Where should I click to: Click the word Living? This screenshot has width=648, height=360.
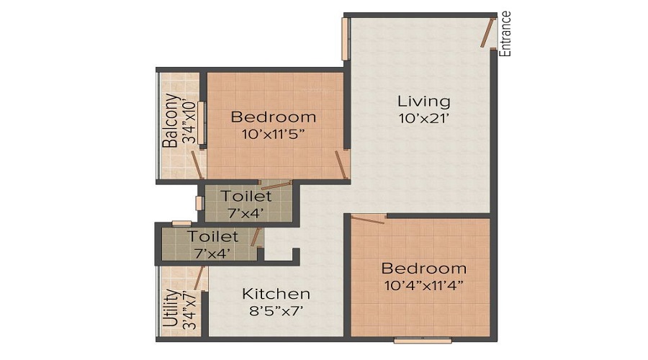(x=424, y=101)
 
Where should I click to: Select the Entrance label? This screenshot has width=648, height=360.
(x=505, y=34)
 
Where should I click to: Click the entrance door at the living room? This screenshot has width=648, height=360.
(x=487, y=32)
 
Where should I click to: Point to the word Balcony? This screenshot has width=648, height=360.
(x=170, y=121)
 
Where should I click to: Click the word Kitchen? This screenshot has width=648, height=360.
(x=276, y=294)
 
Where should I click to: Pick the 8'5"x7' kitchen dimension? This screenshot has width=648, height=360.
(x=276, y=311)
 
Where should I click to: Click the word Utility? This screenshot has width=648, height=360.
(x=170, y=308)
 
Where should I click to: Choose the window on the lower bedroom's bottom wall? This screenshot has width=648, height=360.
(x=423, y=339)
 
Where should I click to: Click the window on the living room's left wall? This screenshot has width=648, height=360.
(x=345, y=39)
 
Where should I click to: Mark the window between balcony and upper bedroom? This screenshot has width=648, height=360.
(x=202, y=122)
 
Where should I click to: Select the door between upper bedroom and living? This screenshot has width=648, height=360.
(x=341, y=165)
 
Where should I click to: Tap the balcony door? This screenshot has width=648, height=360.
(x=197, y=166)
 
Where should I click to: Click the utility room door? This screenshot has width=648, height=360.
(x=199, y=277)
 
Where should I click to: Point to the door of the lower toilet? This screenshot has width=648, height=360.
(x=255, y=238)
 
